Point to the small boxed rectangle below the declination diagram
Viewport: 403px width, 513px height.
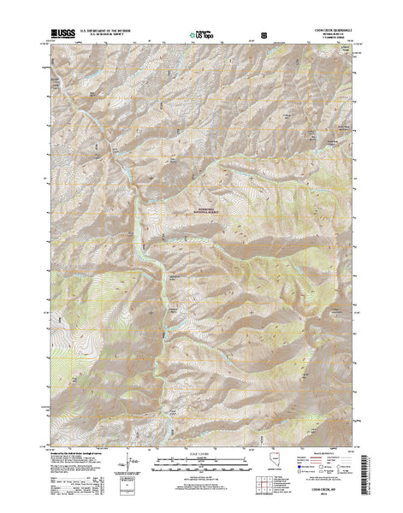(129, 494)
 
